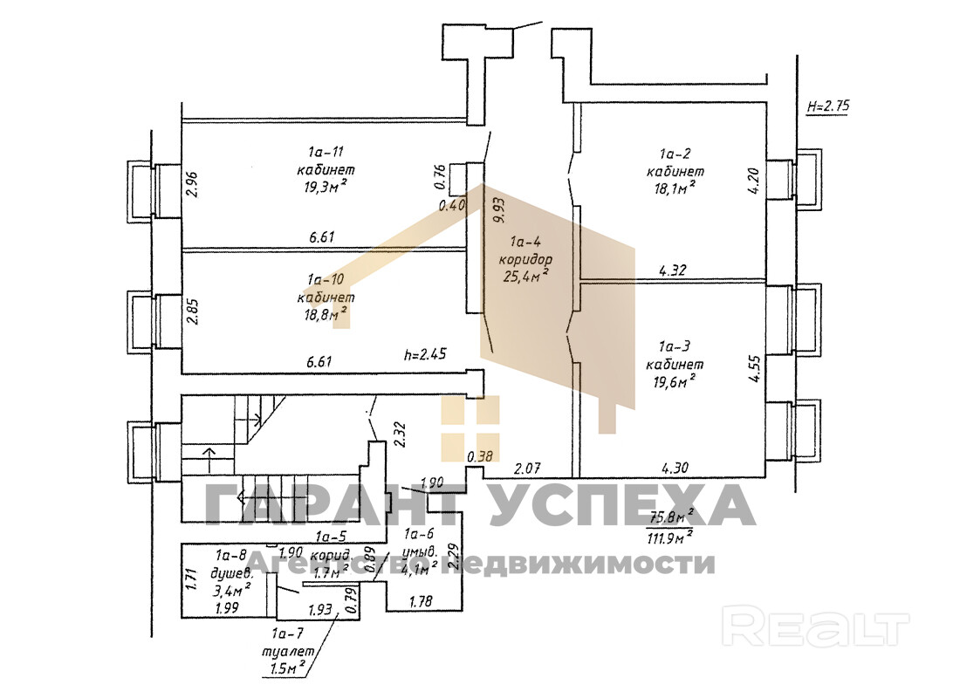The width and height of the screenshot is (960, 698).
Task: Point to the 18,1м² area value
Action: click(x=670, y=188)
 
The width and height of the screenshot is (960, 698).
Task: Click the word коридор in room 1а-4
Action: click(x=525, y=260)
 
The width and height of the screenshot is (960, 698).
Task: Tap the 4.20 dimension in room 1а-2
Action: click(x=756, y=186)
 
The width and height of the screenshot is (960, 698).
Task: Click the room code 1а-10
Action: click(x=325, y=279)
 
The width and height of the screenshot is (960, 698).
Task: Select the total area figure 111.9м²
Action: click(x=669, y=535)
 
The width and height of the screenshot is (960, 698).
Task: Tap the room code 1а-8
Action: click(x=232, y=554)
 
